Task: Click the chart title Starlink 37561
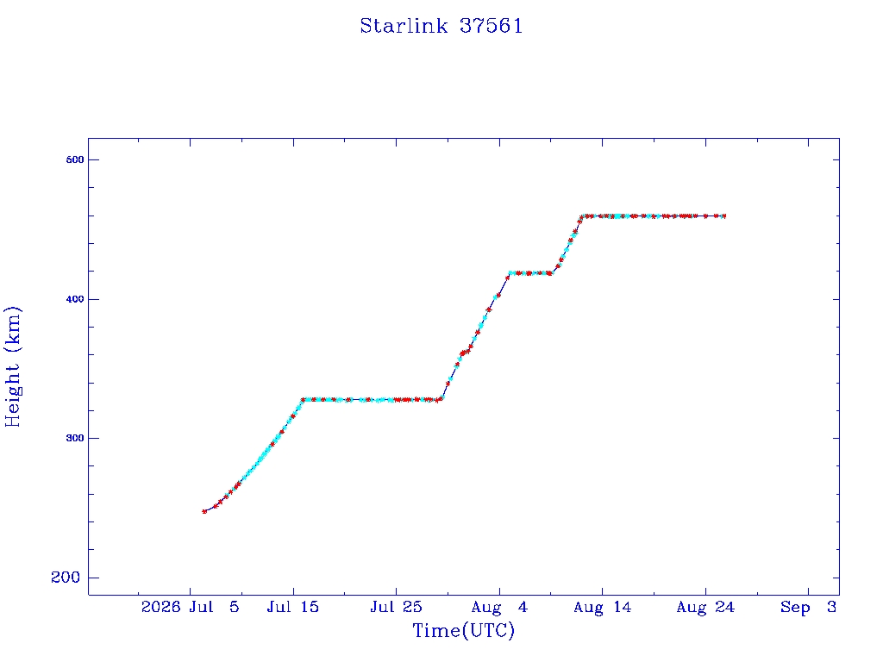pyautogui.click(x=441, y=26)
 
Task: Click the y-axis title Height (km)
pyautogui.click(x=12, y=366)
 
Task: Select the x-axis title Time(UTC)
pyautogui.click(x=463, y=630)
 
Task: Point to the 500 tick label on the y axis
pyautogui.click(x=75, y=159)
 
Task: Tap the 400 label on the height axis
pyautogui.click(x=75, y=299)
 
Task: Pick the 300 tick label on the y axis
pyautogui.click(x=75, y=438)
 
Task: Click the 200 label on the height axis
pyautogui.click(x=66, y=577)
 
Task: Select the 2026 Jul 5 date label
pyautogui.click(x=191, y=607)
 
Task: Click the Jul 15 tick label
pyautogui.click(x=293, y=607)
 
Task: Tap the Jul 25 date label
pyautogui.click(x=396, y=607)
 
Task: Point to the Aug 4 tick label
pyautogui.click(x=499, y=607)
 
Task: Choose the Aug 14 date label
pyautogui.click(x=603, y=607)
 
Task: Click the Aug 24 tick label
pyautogui.click(x=705, y=607)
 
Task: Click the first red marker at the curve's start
pyautogui.click(x=204, y=511)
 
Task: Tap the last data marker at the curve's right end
pyautogui.click(x=723, y=216)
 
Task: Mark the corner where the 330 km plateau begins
pyautogui.click(x=303, y=400)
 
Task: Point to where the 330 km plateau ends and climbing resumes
pyautogui.click(x=441, y=399)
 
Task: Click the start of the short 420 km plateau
pyautogui.click(x=510, y=273)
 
